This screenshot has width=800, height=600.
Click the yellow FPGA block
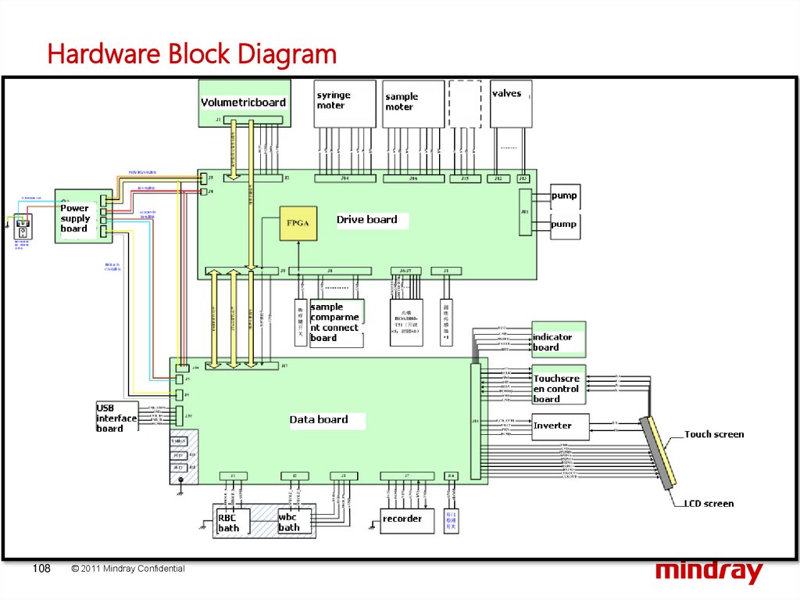298,223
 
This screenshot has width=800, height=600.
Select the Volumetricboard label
243,102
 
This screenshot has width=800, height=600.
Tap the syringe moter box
345,103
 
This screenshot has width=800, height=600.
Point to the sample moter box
413,103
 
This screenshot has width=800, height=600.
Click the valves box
511,103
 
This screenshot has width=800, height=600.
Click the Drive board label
366,220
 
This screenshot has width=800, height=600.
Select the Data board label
319,420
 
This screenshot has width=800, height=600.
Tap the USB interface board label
116,418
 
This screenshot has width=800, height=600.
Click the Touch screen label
714,434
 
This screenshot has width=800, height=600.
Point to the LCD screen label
709,504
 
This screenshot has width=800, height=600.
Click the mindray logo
709,571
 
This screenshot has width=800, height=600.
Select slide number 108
41,569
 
